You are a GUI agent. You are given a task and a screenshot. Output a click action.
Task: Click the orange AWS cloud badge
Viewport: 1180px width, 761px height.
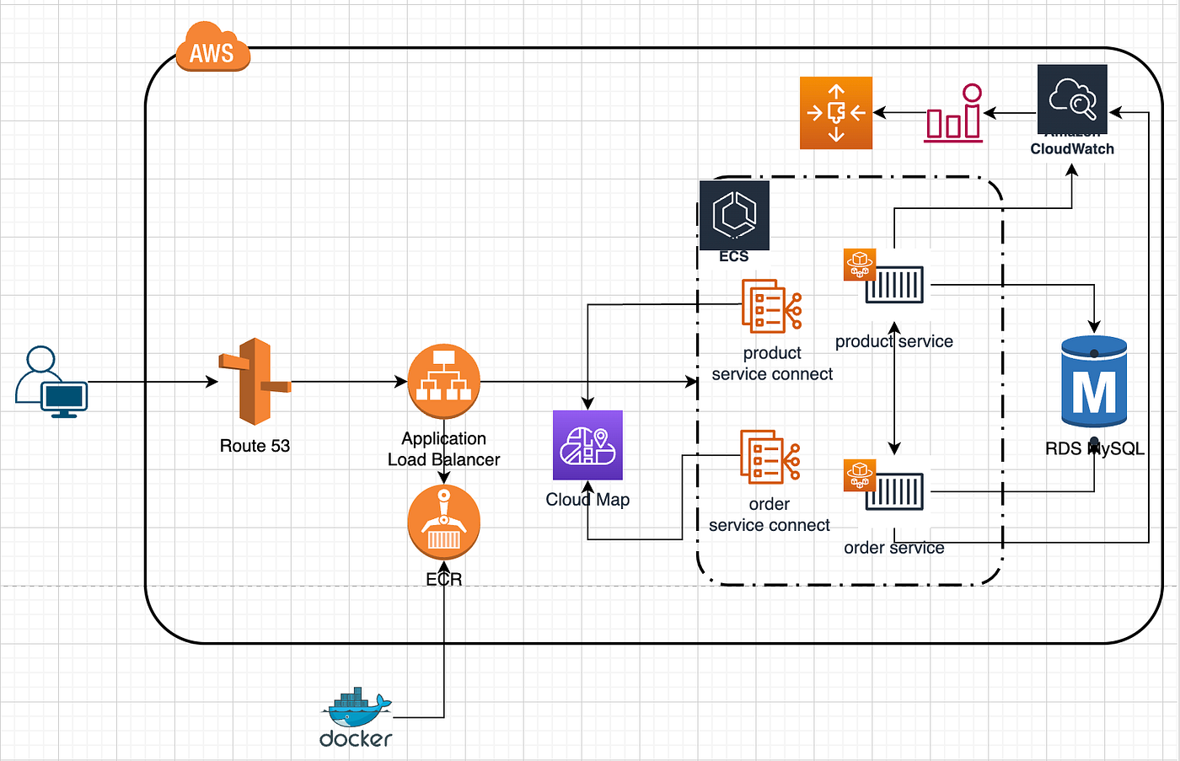pyautogui.click(x=212, y=48)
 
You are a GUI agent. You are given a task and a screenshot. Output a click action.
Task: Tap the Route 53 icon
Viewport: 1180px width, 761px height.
pyautogui.click(x=255, y=382)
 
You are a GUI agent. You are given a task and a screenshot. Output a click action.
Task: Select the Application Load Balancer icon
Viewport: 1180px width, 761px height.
pyautogui.click(x=443, y=381)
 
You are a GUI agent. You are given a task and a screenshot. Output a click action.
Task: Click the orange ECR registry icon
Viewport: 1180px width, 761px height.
pyautogui.click(x=443, y=523)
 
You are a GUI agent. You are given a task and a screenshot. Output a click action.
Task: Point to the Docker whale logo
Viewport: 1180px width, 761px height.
pyautogui.click(x=358, y=708)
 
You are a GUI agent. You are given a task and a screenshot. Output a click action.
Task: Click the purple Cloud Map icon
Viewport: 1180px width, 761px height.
pyautogui.click(x=587, y=445)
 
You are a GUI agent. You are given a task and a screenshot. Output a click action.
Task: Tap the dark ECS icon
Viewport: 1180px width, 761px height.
pyautogui.click(x=734, y=214)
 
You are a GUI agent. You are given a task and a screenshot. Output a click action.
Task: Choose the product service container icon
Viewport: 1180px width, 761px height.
pyautogui.click(x=893, y=286)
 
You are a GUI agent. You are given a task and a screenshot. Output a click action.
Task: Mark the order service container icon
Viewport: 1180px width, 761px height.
pyautogui.click(x=893, y=491)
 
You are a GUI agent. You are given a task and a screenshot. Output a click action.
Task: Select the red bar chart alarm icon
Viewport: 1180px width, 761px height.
pyautogui.click(x=953, y=114)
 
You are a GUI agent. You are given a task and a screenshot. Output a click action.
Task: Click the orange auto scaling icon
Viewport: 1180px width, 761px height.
pyautogui.click(x=835, y=113)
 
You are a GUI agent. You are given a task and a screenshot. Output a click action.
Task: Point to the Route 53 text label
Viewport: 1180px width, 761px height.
pyautogui.click(x=255, y=446)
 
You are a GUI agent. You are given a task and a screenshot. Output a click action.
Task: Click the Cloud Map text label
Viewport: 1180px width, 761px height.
pyautogui.click(x=587, y=500)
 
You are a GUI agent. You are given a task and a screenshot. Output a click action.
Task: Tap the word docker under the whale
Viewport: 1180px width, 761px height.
pyautogui.click(x=356, y=739)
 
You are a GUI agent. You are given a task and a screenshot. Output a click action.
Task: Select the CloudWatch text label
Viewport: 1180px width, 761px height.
pyautogui.click(x=1072, y=149)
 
